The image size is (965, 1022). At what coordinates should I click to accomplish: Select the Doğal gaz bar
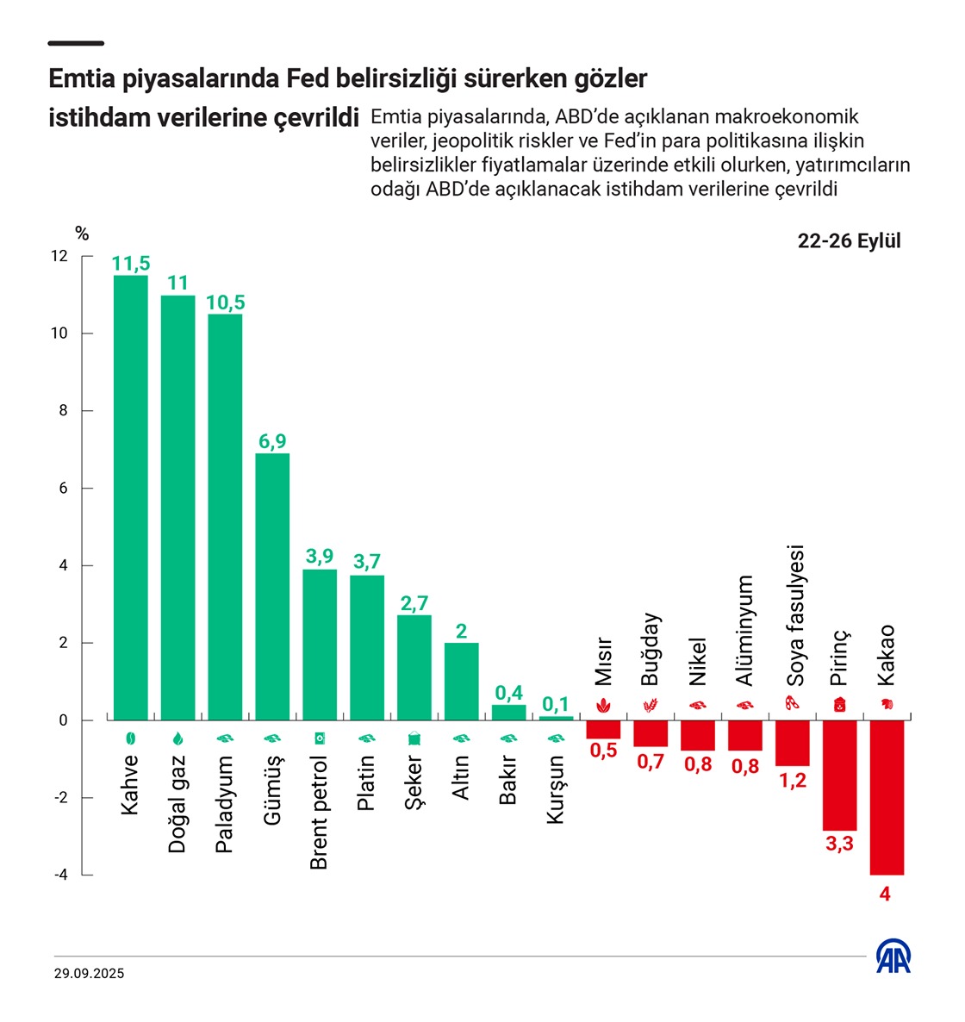click(x=177, y=508)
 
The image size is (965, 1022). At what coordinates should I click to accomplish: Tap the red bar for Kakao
click(x=887, y=797)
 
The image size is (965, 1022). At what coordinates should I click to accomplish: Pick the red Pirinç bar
click(x=839, y=775)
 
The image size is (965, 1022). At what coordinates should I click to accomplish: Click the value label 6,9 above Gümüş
click(x=272, y=441)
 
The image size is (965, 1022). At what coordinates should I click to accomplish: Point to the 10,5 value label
click(x=225, y=302)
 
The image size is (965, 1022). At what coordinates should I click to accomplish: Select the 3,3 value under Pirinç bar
click(x=839, y=844)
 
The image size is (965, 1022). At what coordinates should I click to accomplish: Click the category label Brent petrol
click(x=319, y=813)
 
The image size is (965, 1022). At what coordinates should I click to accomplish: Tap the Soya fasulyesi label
click(x=795, y=615)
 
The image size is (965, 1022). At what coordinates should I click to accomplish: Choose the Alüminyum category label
click(x=746, y=631)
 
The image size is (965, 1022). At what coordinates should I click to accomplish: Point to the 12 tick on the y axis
click(x=59, y=256)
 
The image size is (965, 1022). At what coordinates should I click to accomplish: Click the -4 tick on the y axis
click(x=60, y=875)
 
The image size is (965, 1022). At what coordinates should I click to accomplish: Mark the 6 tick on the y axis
click(x=62, y=489)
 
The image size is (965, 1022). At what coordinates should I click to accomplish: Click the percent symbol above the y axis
click(x=82, y=234)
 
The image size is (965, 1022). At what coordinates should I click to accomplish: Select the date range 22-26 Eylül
click(x=849, y=241)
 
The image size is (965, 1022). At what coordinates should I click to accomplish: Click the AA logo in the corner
click(x=893, y=957)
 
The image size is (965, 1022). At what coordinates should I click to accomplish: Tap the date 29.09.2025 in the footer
click(x=89, y=974)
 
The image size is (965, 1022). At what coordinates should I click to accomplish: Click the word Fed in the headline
click(x=308, y=79)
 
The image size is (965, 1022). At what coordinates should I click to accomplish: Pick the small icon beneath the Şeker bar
click(x=414, y=738)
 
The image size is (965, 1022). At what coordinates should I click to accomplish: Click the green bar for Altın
click(x=462, y=681)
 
